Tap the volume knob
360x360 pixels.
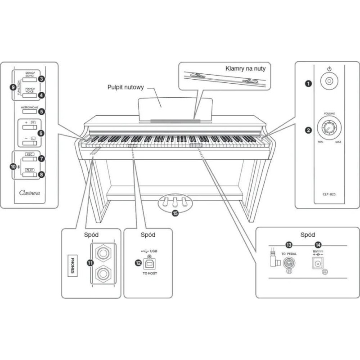329,130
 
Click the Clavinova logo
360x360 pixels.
29,194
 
